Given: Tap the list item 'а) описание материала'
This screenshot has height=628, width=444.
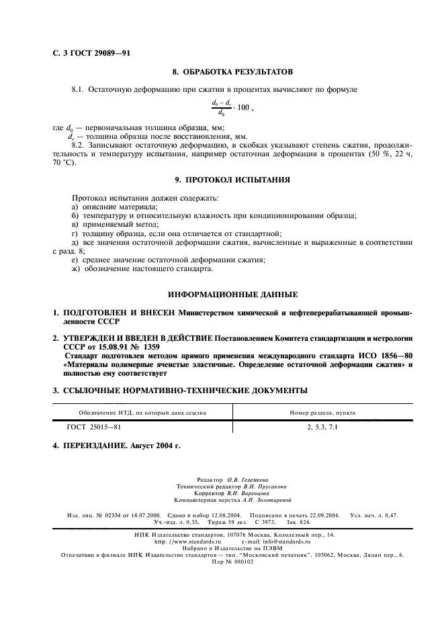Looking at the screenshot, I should tap(114, 207).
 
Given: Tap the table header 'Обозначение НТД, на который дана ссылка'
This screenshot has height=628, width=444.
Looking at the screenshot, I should tap(142, 413).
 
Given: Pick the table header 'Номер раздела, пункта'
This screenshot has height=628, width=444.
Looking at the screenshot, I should tap(322, 413).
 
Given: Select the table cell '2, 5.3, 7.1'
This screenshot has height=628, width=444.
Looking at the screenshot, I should tap(322, 426).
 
